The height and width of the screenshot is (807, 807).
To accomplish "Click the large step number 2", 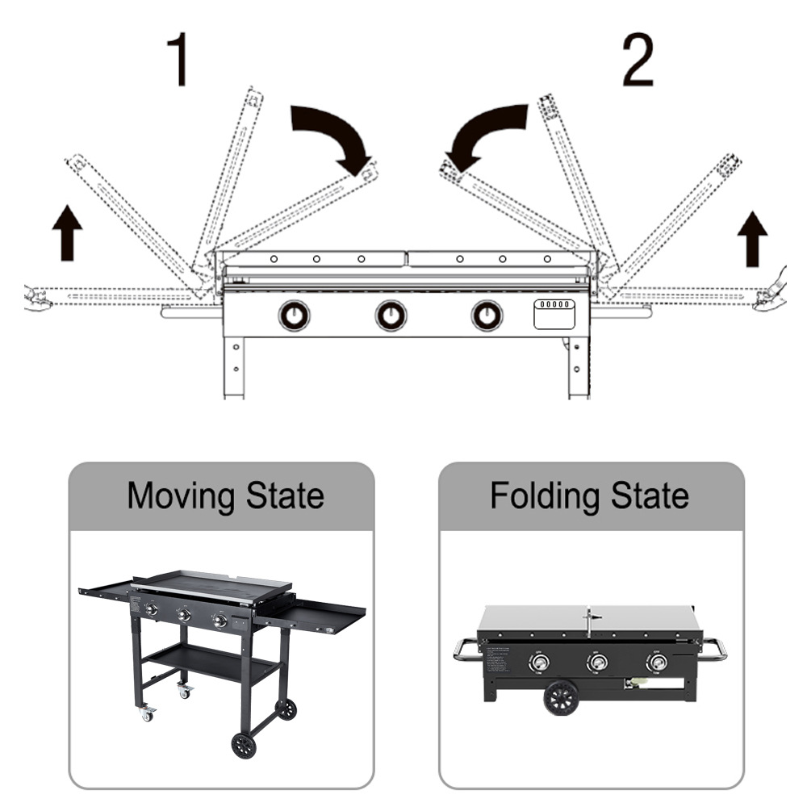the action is [638, 60].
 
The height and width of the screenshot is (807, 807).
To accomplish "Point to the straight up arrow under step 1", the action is [67, 232].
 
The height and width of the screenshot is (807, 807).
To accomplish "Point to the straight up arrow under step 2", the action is [752, 239].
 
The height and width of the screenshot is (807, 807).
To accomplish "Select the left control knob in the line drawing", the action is [294, 316].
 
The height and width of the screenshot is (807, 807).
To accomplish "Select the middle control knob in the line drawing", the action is [391, 316].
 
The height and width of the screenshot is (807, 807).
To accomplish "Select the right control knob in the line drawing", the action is [487, 316].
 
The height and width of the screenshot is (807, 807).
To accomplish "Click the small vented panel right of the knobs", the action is [554, 314].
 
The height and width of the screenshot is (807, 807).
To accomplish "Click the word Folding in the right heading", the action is [545, 496].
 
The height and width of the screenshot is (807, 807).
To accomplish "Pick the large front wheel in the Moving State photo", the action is [244, 745].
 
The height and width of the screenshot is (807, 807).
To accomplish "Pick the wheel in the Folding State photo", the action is [561, 698].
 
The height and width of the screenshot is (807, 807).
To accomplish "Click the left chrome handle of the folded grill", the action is [466, 650].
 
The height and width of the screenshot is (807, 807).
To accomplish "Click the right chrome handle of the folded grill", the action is [714, 650].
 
